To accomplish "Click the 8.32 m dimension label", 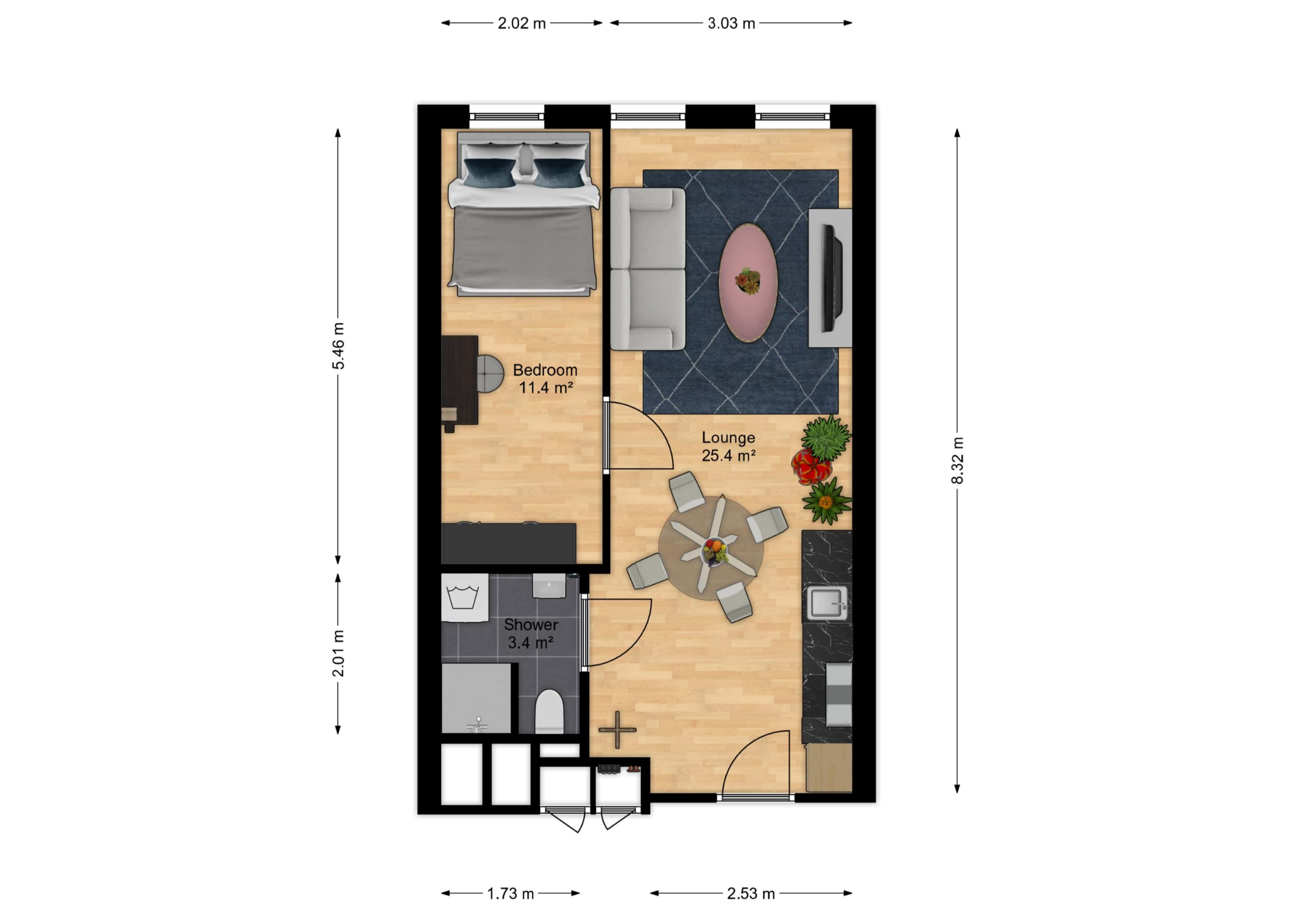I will coord(957,460).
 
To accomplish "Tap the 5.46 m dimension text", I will coord(338,346).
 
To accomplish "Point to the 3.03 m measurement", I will coord(731,23).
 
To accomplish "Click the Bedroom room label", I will coord(545,370).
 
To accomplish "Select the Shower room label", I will coord(530,624).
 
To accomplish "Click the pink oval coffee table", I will coord(748,282).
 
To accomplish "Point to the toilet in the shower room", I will coord(549,712).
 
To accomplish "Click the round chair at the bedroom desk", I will coord(489,373).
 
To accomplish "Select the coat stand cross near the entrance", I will coord(617,729).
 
